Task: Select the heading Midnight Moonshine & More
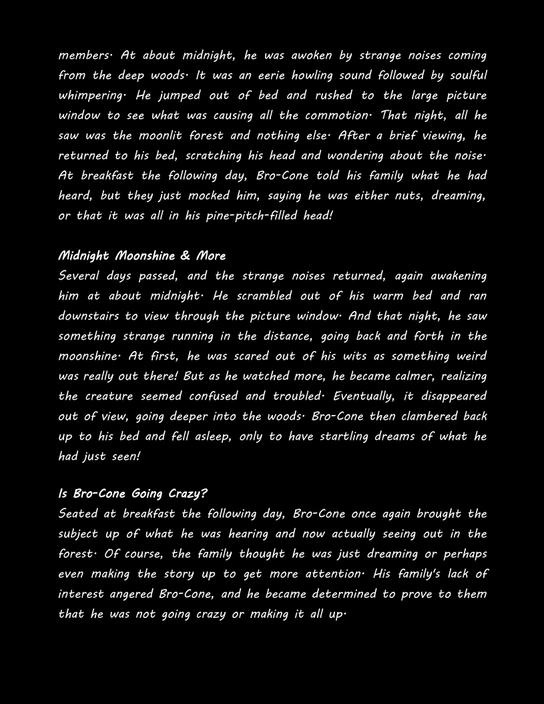tap(142, 256)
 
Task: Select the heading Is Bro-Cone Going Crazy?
tap(133, 494)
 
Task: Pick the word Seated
tap(77, 514)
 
